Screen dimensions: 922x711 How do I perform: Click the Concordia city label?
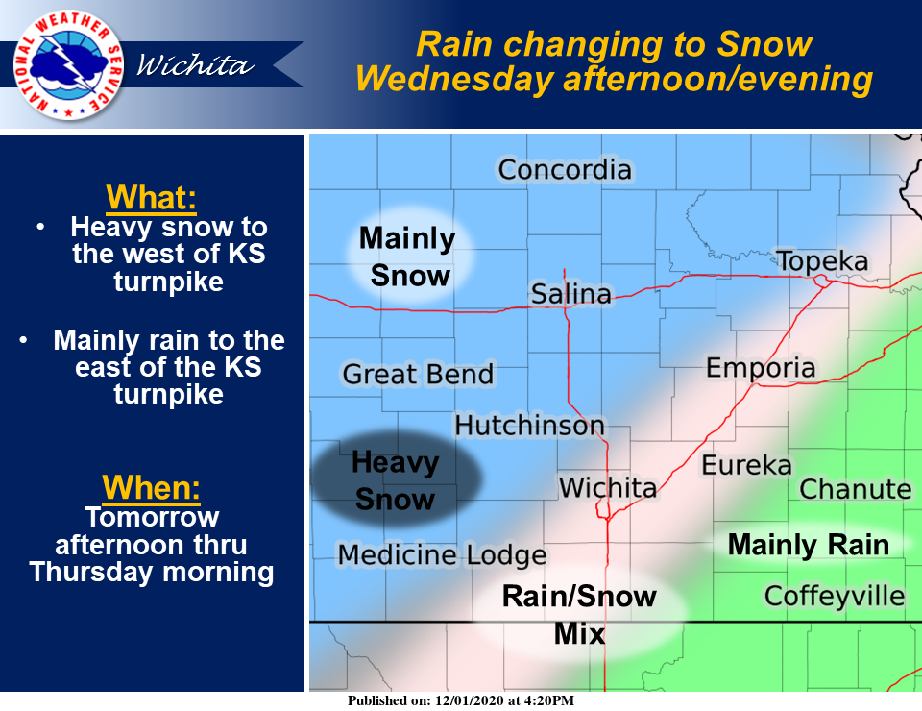(565, 170)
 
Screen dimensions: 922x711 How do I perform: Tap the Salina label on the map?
(570, 294)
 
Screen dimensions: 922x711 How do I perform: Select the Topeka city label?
(822, 261)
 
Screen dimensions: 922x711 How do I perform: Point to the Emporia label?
(761, 368)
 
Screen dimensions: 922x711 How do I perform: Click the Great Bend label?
(418, 374)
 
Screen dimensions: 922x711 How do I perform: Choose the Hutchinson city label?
(530, 426)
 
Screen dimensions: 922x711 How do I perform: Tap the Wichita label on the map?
(607, 488)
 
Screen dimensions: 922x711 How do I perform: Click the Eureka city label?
(747, 466)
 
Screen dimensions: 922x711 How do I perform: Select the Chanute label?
(856, 489)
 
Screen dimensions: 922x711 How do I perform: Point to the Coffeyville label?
(835, 597)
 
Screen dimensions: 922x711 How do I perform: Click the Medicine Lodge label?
(442, 555)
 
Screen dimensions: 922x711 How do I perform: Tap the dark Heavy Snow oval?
(396, 478)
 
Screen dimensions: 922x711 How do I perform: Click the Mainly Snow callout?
(409, 256)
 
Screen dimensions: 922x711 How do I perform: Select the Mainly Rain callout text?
(809, 545)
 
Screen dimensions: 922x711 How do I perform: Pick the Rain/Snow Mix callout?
(579, 615)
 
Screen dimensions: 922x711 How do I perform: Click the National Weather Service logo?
(69, 64)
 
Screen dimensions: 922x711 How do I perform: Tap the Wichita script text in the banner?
(195, 64)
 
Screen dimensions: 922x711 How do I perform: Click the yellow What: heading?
(151, 198)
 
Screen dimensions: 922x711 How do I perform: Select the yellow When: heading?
(151, 487)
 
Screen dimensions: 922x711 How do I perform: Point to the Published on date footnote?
(460, 700)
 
